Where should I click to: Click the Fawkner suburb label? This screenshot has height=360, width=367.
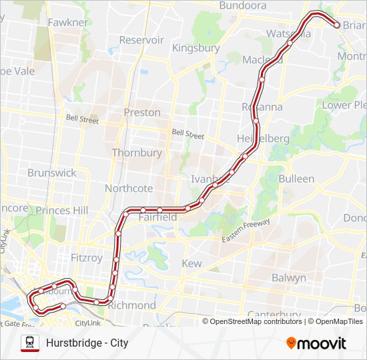coord(67,23)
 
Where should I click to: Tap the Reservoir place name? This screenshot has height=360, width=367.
coord(141,40)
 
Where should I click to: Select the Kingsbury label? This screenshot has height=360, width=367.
coord(196,48)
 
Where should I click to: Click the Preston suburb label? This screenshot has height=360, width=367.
coord(141,113)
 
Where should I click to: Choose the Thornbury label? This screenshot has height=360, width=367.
coord(137,153)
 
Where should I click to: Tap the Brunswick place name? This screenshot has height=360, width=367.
coord(52,173)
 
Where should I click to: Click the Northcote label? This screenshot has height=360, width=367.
coord(128,189)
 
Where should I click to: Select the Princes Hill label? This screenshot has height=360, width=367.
coord(61,211)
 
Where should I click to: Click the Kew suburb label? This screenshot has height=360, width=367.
coord(192,264)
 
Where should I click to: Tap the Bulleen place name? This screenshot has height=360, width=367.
coord(296,179)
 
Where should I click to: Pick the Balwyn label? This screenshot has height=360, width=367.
coord(289,277)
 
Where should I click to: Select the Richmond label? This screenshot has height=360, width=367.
coord(131,305)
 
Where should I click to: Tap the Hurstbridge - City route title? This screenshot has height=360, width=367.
coord(87,343)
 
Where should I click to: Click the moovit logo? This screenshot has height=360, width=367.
coord(316,343)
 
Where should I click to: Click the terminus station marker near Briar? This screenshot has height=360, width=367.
coord(336,25)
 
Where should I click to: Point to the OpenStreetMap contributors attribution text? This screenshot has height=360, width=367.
coord(256,321)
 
